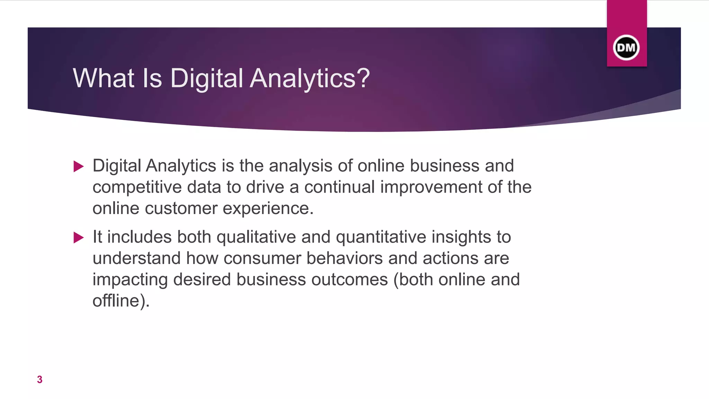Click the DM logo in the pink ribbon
coord(626,47)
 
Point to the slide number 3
coord(40,380)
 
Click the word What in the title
coord(103,78)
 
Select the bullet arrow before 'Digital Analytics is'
coord(79,167)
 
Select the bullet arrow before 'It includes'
coord(79,238)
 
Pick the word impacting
coord(130,280)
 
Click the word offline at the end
coord(116,301)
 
